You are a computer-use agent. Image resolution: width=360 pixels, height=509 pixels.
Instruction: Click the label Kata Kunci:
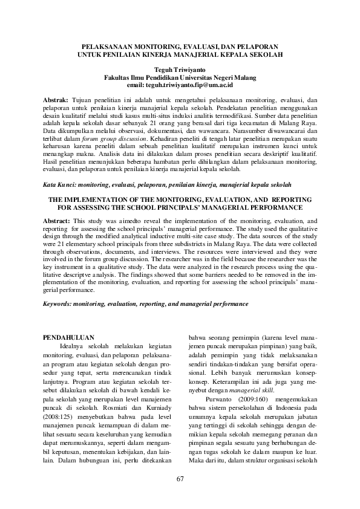coord(61,184)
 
